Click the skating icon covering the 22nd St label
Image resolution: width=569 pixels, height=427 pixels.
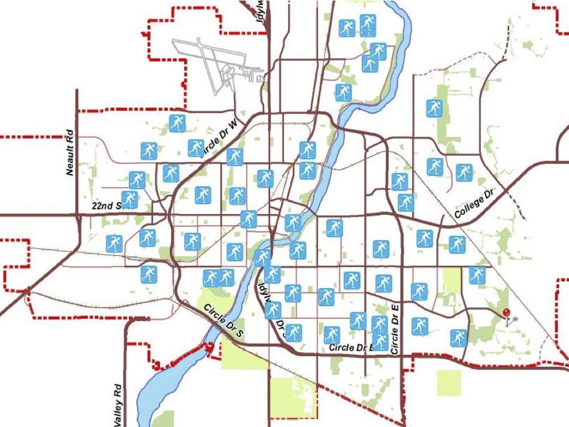(x=130, y=200)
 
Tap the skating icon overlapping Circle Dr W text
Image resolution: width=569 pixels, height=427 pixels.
(x=196, y=147)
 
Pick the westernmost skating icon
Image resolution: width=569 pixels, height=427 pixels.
(x=114, y=243)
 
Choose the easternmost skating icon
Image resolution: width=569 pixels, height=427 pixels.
(x=477, y=275)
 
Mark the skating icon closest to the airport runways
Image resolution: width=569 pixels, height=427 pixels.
(x=177, y=123)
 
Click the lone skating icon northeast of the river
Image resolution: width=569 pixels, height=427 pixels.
(x=435, y=108)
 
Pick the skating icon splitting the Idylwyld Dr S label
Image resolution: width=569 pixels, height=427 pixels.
(x=273, y=310)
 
